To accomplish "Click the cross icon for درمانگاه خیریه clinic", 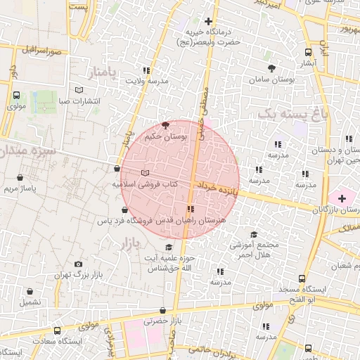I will pos(208,22).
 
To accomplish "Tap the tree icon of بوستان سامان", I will pos(271,68).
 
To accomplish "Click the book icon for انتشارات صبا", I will pos(79,90).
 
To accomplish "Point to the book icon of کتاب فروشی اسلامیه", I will pos(145,172).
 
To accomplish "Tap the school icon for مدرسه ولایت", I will pos(146,70).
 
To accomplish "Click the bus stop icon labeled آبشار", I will pos(308,52).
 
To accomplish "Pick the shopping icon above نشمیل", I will pos(30,291).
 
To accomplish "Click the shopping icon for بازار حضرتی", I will pos(163,310).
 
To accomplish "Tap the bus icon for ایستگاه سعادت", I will pos(57,330).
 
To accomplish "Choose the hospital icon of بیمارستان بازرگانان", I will pos(342,199).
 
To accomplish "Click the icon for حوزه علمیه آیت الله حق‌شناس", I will pos(168,247).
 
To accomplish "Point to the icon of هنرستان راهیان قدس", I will pos(191,209).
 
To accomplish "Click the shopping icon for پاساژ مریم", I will pos(20,177).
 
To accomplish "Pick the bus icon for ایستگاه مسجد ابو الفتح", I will pos(302,278).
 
